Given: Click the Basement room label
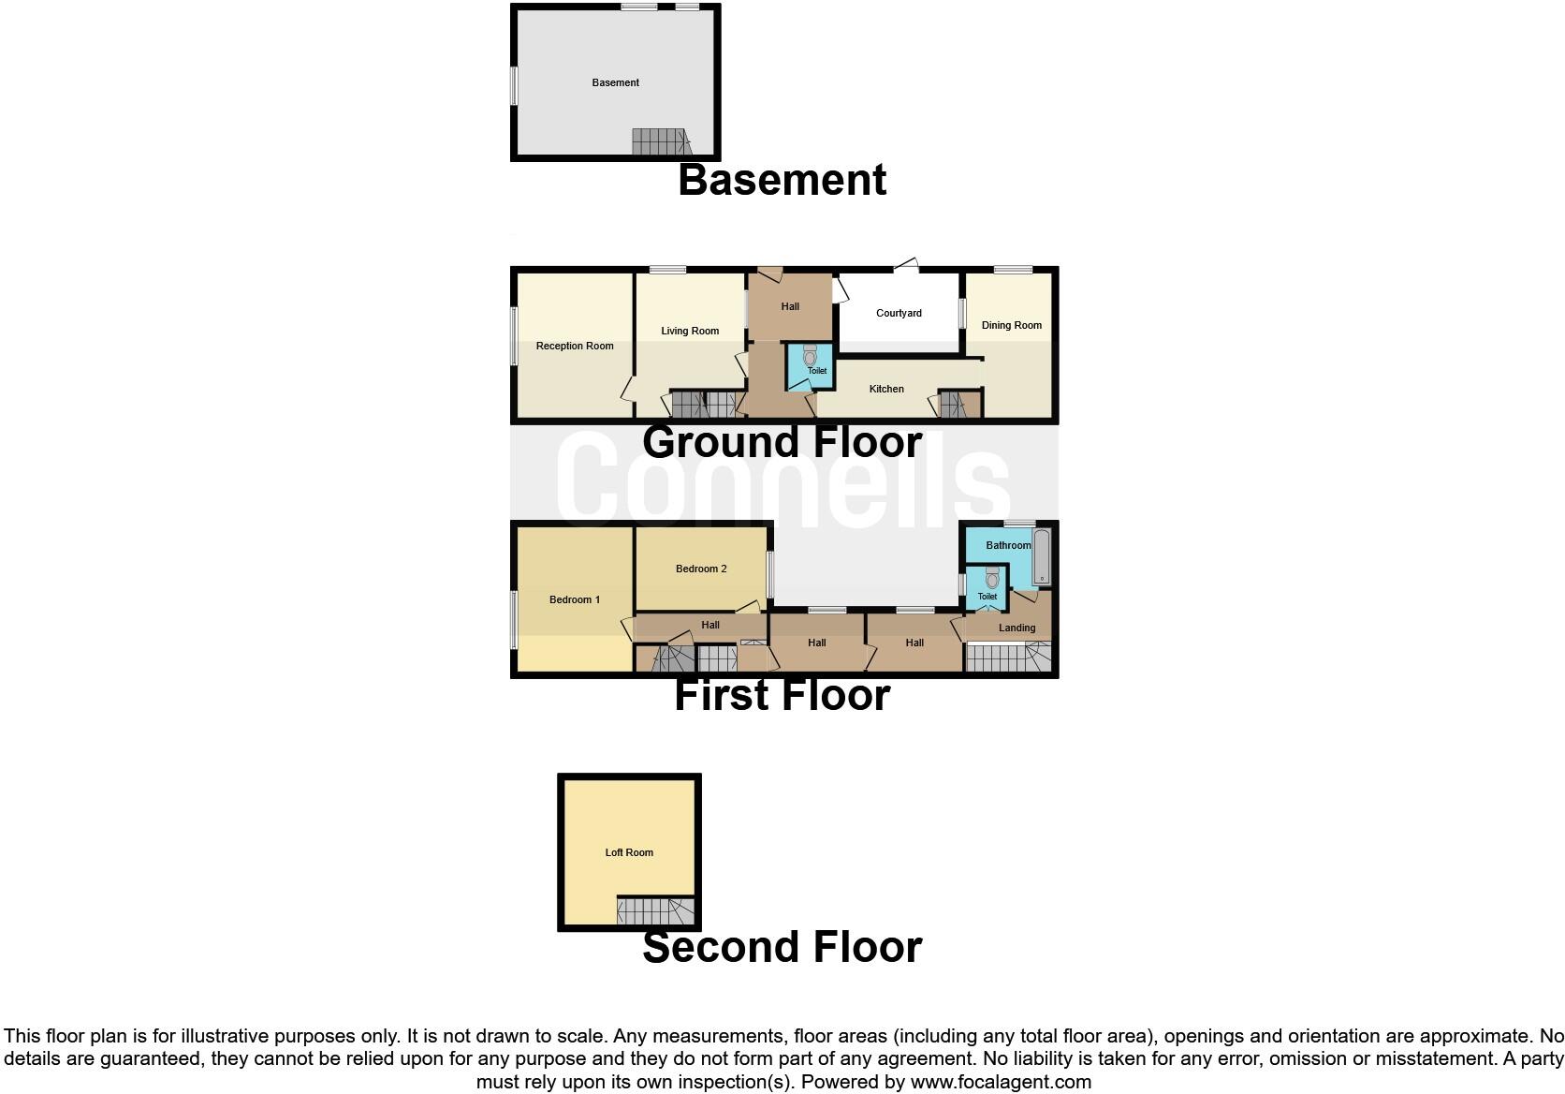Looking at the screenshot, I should point(615,82).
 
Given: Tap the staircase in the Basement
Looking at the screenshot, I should point(660,142).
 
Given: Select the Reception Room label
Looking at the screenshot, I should point(575,346).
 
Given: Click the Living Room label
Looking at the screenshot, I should point(690,331).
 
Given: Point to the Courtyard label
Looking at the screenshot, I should point(899,313).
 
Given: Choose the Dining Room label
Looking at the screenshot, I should point(1011,325).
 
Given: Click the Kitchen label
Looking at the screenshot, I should point(886,389).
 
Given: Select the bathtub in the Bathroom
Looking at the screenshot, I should point(1041,557).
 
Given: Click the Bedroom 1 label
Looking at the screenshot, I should point(575,599).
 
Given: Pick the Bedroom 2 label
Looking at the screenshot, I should point(701,569).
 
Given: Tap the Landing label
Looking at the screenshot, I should point(1017,628).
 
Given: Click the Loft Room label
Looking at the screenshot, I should point(629,852).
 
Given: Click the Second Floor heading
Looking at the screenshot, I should point(782,947).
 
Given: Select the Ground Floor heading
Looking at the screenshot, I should point(782,442).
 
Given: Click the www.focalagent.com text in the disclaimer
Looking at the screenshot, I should point(1001,1082).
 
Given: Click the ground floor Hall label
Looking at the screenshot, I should point(790,306).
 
